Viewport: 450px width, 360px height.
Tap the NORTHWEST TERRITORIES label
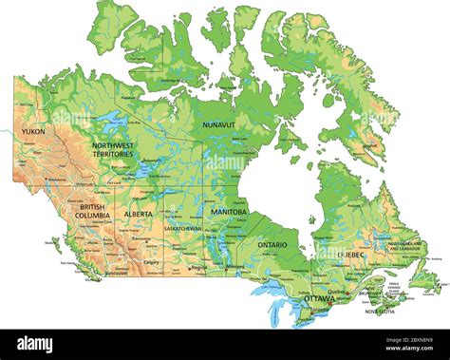coord(112,150)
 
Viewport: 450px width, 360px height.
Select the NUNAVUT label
coord(218,123)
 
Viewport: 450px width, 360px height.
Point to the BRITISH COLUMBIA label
coord(93,211)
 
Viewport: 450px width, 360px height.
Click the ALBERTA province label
coord(139,214)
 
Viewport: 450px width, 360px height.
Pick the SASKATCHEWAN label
coord(182,229)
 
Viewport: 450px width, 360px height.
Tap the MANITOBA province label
coord(228,212)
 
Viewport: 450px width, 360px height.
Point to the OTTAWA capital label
coord(319,298)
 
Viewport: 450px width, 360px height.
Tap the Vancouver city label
coord(117,273)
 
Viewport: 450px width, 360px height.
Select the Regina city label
coord(198,269)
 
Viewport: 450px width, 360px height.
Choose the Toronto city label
coord(319,310)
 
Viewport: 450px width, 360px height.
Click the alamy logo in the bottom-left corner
coord(36,344)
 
